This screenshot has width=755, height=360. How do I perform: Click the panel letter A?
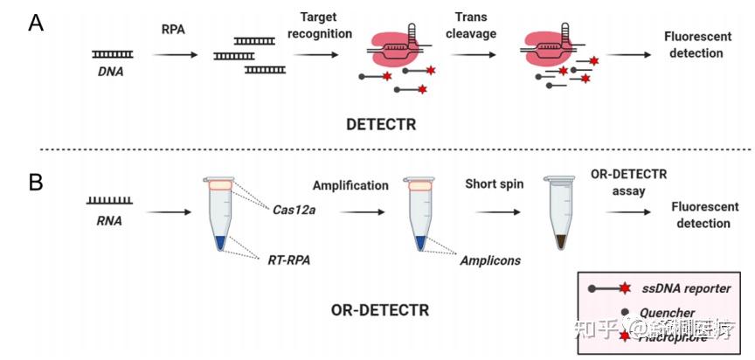pos(36,24)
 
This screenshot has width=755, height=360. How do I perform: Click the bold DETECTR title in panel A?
pos(380,125)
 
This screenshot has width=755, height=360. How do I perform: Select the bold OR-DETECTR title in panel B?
pos(380,309)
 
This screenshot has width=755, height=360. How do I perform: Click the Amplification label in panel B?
pos(351,186)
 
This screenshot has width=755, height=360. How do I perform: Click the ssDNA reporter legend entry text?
pos(685,287)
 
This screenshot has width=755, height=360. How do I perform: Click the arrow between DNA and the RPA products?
pos(176,54)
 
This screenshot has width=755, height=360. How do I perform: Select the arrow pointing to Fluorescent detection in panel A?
pos(628,54)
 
